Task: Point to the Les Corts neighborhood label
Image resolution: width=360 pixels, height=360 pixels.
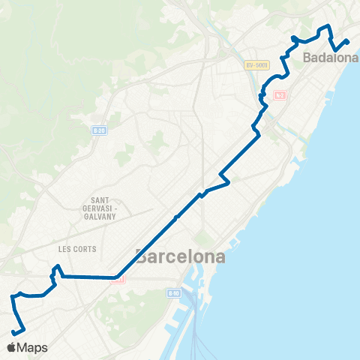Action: (x=77, y=248)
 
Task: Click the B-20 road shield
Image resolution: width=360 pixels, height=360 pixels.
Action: (x=98, y=130)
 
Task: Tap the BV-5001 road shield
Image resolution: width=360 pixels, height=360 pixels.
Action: (x=256, y=65)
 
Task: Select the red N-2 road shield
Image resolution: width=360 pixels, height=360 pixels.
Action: (x=280, y=95)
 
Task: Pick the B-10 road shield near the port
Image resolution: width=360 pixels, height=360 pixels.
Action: (x=174, y=293)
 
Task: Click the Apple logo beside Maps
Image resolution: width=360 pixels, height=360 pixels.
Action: (x=11, y=348)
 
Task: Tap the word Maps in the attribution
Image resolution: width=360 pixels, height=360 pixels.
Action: (x=32, y=348)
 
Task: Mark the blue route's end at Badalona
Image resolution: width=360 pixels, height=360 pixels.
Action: (x=348, y=40)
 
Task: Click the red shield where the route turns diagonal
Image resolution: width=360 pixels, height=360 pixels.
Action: (x=118, y=279)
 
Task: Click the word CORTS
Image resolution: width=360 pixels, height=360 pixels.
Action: (x=85, y=248)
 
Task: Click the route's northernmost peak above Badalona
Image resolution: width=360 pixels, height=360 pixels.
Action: (x=327, y=28)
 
